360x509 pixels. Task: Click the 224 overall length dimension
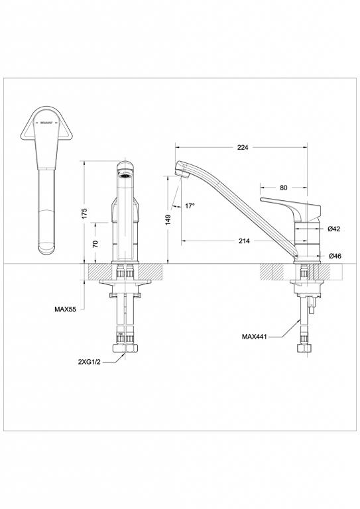tap(242, 148)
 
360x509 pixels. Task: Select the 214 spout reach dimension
tap(244, 241)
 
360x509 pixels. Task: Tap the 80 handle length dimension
tap(284, 188)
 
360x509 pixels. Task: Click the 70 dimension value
tap(95, 243)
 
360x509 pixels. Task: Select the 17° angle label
tap(190, 206)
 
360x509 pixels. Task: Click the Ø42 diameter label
tap(334, 229)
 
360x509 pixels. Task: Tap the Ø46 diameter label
tap(334, 255)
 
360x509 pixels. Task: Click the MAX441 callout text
tap(255, 337)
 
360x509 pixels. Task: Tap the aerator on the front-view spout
tap(125, 176)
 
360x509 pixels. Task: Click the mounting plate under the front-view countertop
tap(125, 284)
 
